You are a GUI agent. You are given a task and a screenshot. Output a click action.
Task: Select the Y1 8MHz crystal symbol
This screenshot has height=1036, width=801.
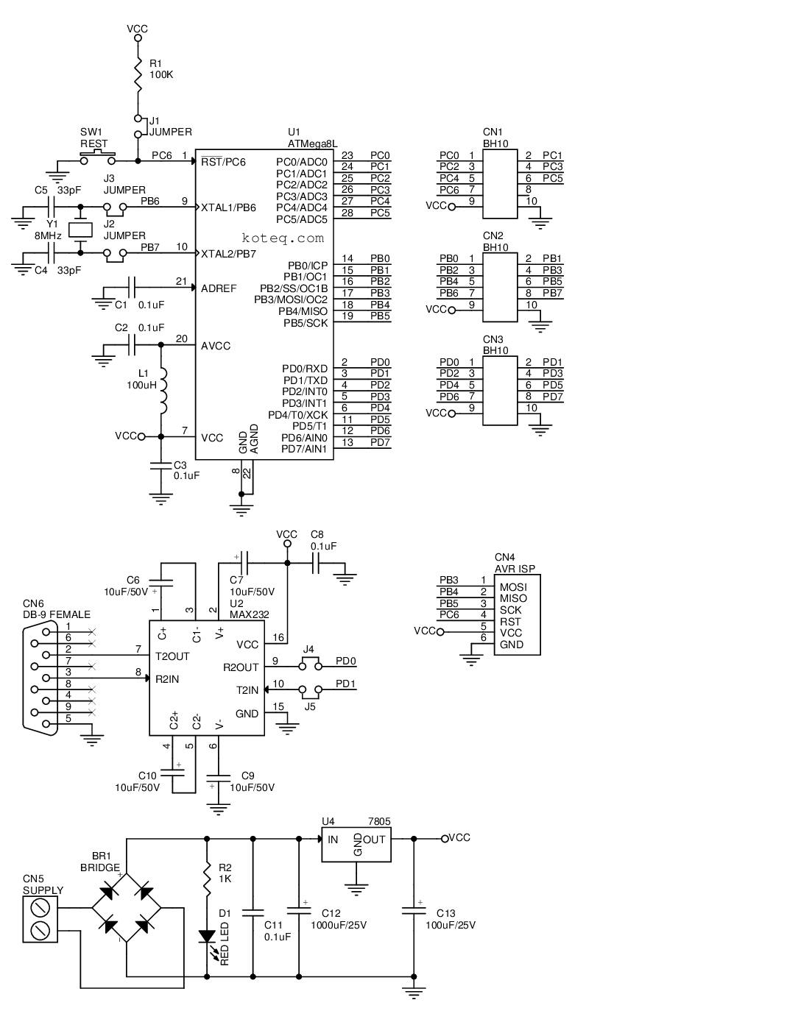[80, 230]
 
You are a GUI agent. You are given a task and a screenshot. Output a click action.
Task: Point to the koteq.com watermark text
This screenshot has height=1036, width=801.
[283, 238]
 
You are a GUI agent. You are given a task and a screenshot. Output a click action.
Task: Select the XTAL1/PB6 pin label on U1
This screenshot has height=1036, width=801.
[228, 207]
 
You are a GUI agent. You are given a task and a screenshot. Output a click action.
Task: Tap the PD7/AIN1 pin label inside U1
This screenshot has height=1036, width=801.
[304, 449]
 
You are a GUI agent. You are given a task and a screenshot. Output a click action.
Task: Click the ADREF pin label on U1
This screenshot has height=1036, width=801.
[219, 288]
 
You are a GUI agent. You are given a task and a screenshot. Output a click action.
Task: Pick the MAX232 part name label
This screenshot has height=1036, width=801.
[249, 614]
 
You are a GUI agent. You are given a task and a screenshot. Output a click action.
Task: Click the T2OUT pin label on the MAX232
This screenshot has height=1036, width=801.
[172, 656]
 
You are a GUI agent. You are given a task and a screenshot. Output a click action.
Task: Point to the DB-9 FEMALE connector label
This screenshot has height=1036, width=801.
[57, 614]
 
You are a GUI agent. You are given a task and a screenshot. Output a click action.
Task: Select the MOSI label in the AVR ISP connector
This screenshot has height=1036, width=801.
[513, 586]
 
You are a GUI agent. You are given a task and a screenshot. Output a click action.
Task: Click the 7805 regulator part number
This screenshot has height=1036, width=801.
[379, 822]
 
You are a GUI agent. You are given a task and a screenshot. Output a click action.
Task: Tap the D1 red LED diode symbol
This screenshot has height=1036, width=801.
[207, 937]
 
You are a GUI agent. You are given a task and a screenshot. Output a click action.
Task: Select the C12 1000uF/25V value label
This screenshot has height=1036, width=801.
[339, 925]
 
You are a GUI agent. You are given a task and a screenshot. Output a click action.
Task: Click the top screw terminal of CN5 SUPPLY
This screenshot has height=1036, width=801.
[40, 906]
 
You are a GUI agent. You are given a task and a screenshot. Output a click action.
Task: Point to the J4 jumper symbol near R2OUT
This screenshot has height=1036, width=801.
[310, 664]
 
